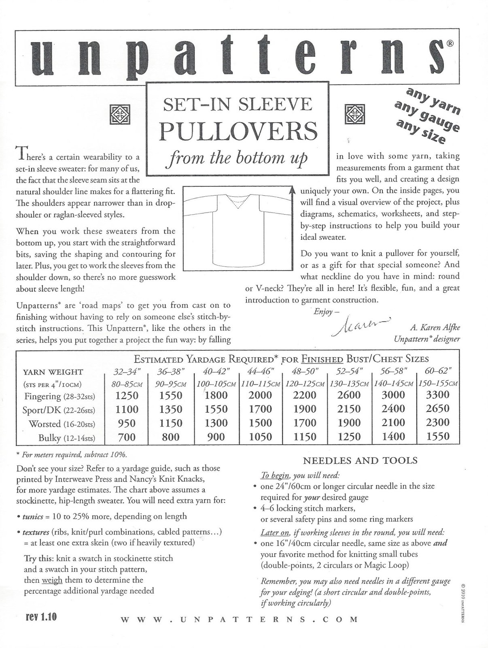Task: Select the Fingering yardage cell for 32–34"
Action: coord(127,395)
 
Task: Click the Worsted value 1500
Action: coord(261,423)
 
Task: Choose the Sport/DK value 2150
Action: coord(349,409)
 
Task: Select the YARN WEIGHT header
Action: coord(53,372)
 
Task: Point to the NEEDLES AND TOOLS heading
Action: coord(360,460)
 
